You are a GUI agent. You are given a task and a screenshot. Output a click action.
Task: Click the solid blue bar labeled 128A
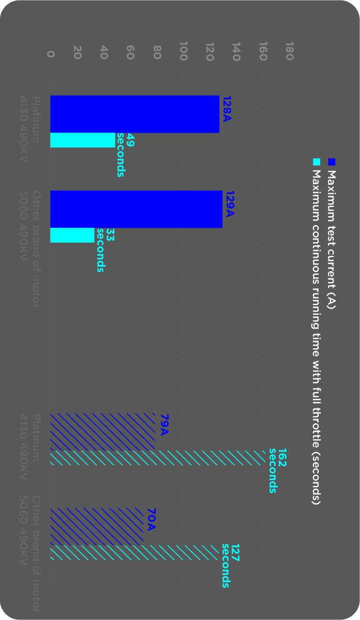pos(134,114)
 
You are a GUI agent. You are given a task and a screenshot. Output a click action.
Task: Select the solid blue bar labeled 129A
pos(136,209)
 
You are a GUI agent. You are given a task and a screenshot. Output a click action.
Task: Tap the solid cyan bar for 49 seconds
pos(83,140)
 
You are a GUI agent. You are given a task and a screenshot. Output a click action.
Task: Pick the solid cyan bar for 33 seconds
pos(72,235)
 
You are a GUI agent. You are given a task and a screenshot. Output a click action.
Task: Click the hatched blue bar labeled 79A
pos(102,432)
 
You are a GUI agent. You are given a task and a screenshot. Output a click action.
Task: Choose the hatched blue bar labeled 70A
pos(97,526)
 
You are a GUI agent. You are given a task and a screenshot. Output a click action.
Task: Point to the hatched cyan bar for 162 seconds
pos(158,458)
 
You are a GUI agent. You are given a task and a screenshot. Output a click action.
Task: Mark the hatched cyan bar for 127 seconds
pos(134,552)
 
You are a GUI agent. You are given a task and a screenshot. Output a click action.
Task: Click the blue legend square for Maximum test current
pos(332,162)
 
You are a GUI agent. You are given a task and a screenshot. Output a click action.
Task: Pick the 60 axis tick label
pos(130,53)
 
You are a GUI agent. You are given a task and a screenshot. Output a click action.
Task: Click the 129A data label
pos(230,204)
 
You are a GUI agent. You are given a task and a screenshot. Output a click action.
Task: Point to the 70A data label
pos(151,520)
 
